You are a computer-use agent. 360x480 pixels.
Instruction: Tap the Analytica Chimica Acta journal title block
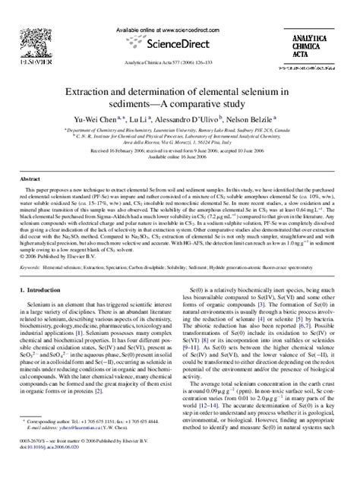click(322, 33)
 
